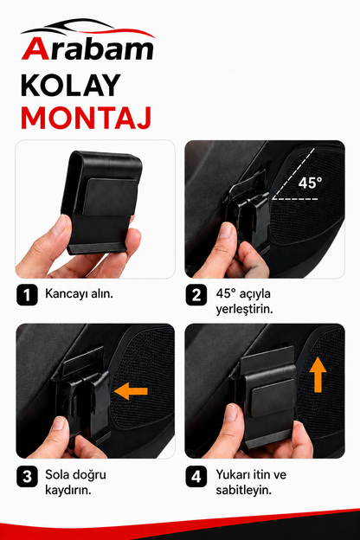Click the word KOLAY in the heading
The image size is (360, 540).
coord(71,86)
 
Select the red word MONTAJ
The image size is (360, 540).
coord(87,118)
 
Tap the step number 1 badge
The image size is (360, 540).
coord(27,295)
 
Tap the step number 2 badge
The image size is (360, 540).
coord(196,295)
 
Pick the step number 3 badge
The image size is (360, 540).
coord(27,477)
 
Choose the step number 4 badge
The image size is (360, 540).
coord(196,477)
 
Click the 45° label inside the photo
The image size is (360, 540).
coord(310,183)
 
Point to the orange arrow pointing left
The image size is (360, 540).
coord(131,391)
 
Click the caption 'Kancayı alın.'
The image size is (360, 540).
coord(80,294)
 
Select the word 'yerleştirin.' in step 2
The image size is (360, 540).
coord(244,309)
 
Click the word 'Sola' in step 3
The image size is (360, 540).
coord(57,474)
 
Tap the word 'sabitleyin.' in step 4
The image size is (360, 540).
coord(243,490)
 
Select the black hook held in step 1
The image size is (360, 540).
coord(101,203)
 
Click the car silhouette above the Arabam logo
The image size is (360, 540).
coord(88,28)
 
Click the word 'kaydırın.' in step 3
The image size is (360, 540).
coord(68,490)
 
